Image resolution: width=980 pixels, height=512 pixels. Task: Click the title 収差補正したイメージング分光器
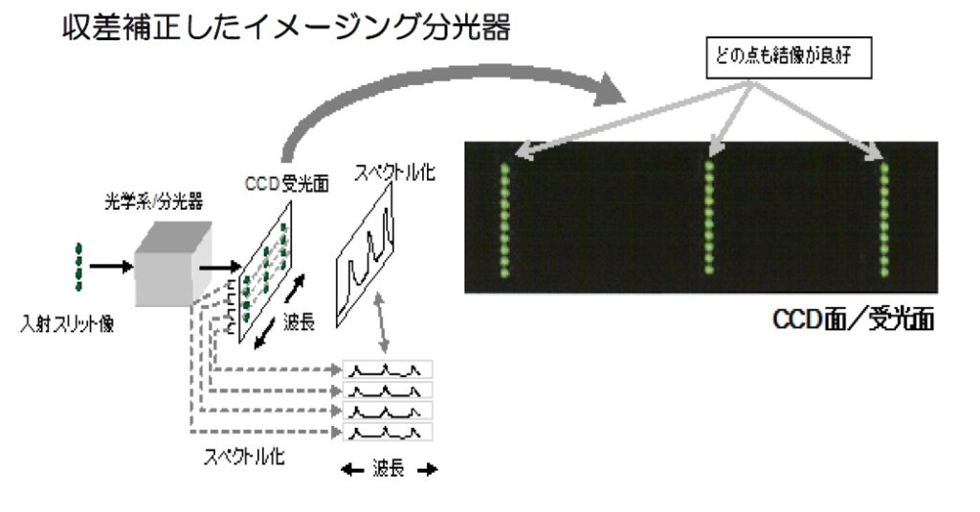coord(286,28)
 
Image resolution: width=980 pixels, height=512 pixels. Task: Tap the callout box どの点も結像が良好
coord(789,56)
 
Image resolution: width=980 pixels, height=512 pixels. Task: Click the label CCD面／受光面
coord(853,320)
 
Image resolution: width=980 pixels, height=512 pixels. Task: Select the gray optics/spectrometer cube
coord(174,263)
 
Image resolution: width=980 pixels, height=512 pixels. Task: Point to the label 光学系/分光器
coord(153,202)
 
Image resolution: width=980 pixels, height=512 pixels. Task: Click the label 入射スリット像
coord(68,323)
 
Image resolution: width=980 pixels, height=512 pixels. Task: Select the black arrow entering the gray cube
coord(111,267)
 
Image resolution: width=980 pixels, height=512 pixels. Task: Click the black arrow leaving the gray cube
coord(220,268)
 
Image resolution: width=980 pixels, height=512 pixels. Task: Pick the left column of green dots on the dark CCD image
coord(504,220)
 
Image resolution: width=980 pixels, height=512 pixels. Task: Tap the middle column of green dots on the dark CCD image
coord(709,217)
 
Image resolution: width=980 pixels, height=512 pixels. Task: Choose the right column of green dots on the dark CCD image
coord(884,219)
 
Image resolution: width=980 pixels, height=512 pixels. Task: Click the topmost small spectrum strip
coord(388,369)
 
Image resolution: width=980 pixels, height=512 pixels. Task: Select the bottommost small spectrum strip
coord(388,432)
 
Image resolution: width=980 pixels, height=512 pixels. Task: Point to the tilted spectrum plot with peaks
coord(365,256)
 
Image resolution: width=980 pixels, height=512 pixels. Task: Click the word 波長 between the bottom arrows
coord(389,468)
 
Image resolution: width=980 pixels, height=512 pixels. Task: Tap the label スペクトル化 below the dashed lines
coord(244,456)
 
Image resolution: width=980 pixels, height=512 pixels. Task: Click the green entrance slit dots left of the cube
coord(78,267)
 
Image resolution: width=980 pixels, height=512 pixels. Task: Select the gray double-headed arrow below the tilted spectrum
coord(381,323)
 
